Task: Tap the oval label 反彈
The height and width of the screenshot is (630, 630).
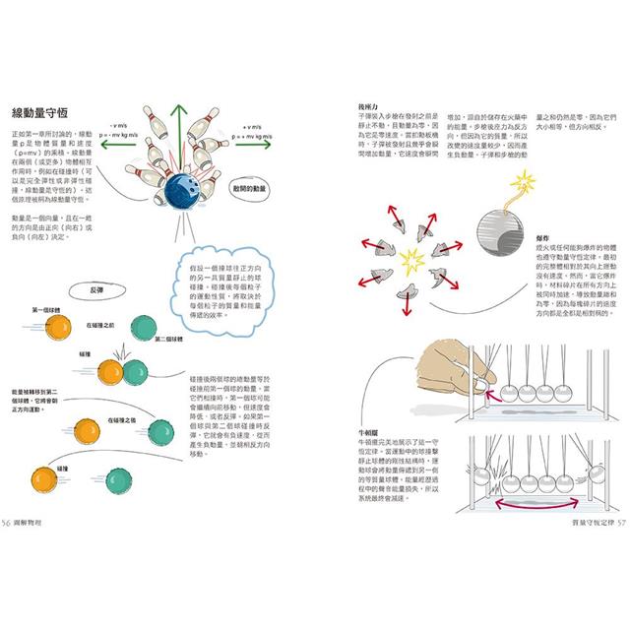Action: pos(95,290)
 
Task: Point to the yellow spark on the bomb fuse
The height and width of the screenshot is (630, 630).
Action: pos(526,180)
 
